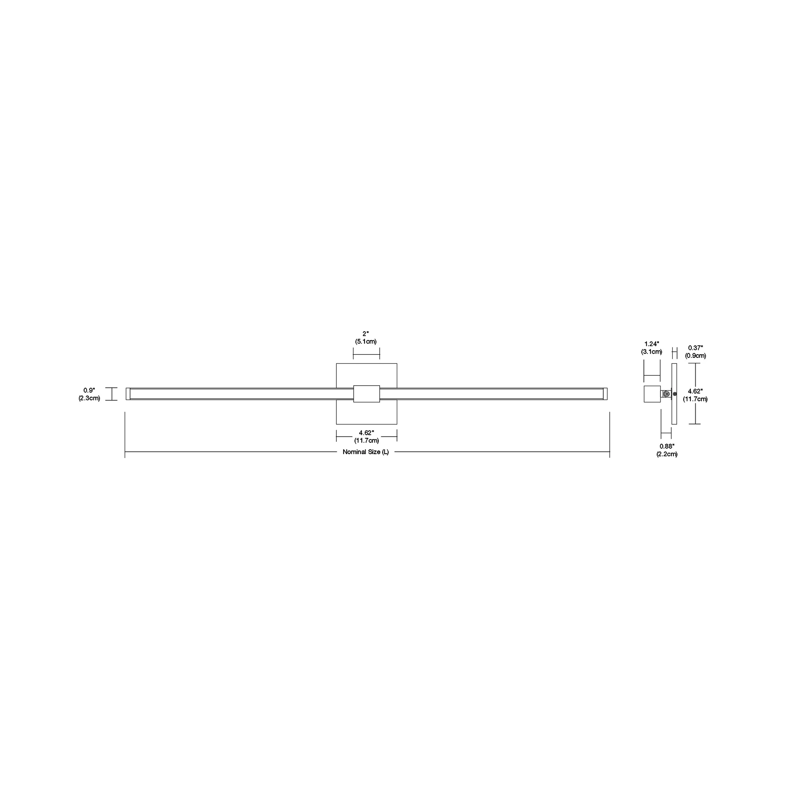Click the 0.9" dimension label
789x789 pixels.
point(89,390)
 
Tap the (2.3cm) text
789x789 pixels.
point(89,398)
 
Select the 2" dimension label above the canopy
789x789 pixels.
point(366,334)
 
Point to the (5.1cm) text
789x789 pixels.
point(366,341)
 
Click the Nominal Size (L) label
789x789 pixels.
point(366,452)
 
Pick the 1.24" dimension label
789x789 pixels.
point(652,344)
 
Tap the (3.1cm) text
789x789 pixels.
point(652,352)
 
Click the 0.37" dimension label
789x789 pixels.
point(696,348)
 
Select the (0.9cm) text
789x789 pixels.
point(696,356)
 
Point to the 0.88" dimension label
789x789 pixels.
point(667,446)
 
